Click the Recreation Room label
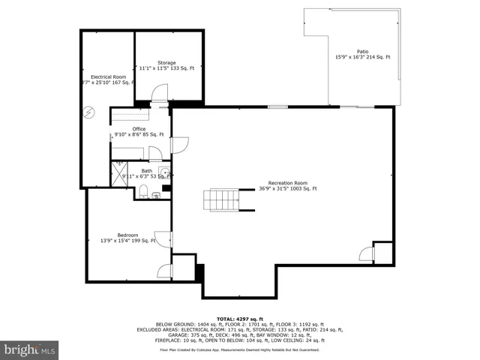[289, 183]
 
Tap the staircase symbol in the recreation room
[221, 199]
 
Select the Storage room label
[166, 62]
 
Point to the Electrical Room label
[107, 76]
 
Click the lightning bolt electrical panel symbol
[89, 112]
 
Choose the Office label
[118, 129]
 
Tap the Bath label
[146, 171]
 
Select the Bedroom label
[127, 235]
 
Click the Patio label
[362, 52]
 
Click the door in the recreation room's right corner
[364, 253]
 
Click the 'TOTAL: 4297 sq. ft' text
[239, 319]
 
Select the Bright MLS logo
[30, 349]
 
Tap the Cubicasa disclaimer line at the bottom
[239, 349]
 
